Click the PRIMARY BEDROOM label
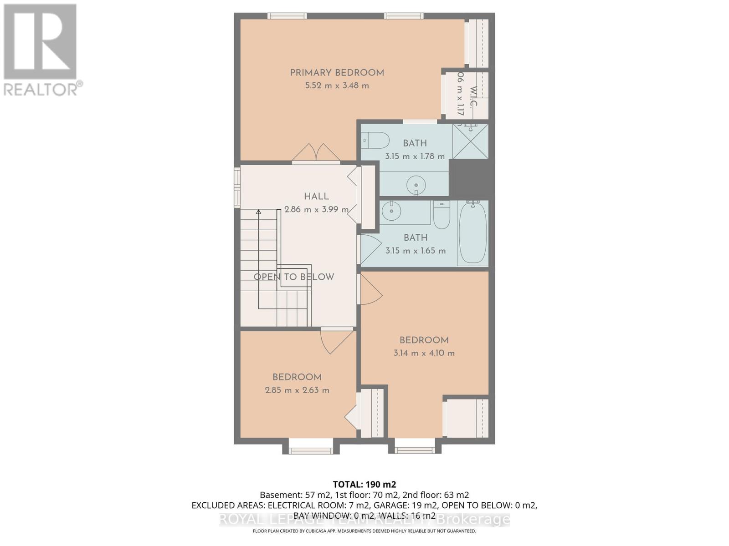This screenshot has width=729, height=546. tap(337, 73)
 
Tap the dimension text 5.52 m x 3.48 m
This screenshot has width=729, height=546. tap(337, 86)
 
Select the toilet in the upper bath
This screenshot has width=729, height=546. tap(375, 140)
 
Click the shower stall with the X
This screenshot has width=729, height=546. tap(470, 142)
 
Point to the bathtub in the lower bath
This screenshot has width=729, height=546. tap(472, 233)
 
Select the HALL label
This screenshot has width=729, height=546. tap(316, 197)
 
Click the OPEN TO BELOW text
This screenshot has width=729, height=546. tap(294, 277)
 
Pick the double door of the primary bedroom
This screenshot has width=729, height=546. tap(316, 153)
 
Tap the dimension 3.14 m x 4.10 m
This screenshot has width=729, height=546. tap(424, 353)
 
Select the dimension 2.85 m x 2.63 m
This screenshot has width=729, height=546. tap(297, 390)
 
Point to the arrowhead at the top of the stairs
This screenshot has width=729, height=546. tap(258, 212)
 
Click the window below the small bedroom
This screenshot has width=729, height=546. tap(314, 450)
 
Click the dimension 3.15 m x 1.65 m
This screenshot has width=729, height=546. tap(415, 251)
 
